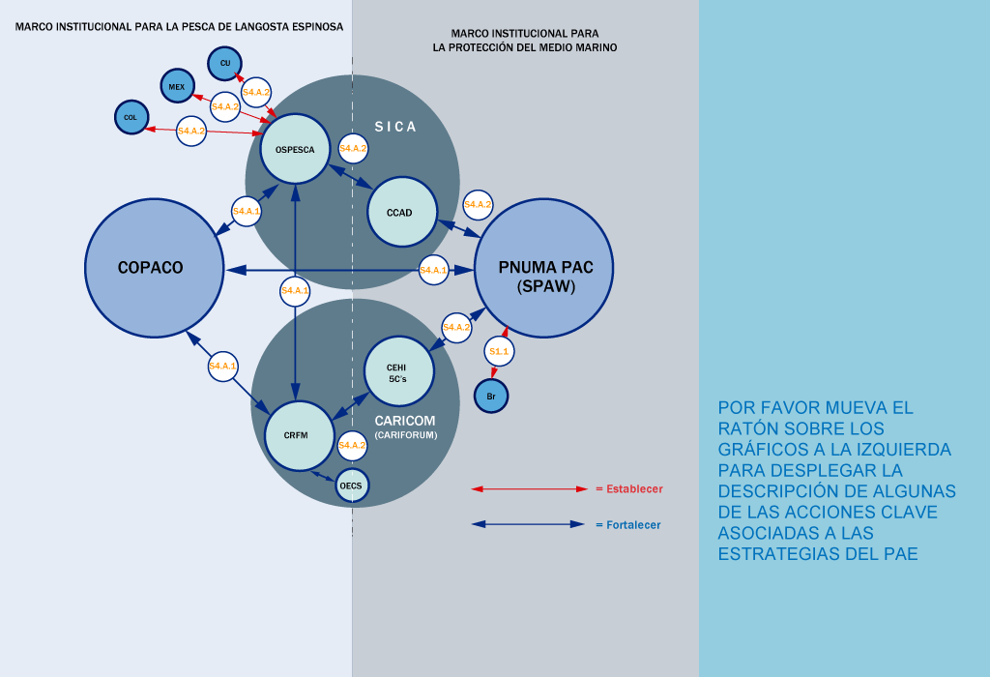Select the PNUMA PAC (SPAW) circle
(x=544, y=268)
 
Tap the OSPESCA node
(x=296, y=149)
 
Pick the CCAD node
(x=402, y=212)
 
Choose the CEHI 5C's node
(x=397, y=372)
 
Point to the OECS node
(x=352, y=485)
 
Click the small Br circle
(x=491, y=396)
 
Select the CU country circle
(x=225, y=63)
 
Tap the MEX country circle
(x=177, y=86)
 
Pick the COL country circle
(x=131, y=117)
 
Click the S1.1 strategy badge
(x=499, y=352)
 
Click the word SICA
(x=396, y=127)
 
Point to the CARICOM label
(x=405, y=421)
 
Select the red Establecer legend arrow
(x=529, y=489)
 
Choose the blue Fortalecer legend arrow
(x=529, y=525)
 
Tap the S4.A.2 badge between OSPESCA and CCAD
(x=353, y=148)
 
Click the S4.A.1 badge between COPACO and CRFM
(x=223, y=366)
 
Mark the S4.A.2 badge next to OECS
(x=353, y=446)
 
